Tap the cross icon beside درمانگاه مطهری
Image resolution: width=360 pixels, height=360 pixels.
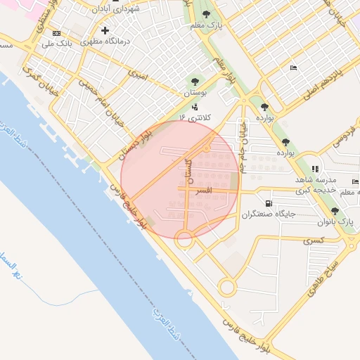tap(105, 30)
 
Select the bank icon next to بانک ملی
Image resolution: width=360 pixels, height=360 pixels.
tap(57, 33)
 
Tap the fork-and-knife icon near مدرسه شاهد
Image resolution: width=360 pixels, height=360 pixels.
tap(316, 169)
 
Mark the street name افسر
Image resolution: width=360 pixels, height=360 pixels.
tap(204, 191)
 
